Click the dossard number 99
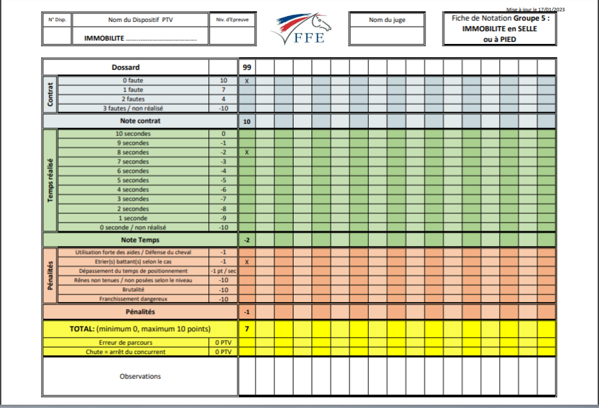[247, 67]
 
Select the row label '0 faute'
[133, 81]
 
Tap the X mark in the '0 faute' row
[247, 81]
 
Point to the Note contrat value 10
[247, 121]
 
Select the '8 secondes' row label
[133, 153]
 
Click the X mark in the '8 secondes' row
[247, 153]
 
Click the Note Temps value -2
[247, 239]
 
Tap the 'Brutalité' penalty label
[133, 290]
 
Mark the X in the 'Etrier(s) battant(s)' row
[247, 262]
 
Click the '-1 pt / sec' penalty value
[223, 271]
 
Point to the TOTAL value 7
[247, 329]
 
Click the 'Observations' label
[140, 377]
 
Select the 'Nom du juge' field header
[387, 20]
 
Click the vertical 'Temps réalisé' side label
[51, 181]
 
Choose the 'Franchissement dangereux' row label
[133, 299]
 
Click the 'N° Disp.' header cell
[57, 20]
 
